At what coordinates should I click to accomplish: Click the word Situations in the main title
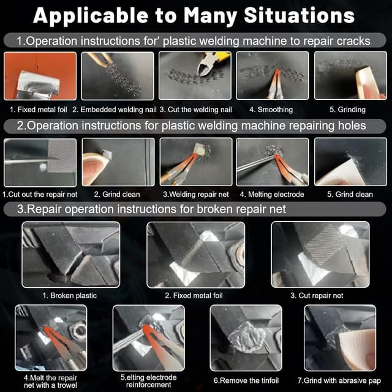(x=300, y=16)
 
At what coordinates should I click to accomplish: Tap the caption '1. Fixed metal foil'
(x=38, y=110)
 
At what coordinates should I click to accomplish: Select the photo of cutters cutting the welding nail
(x=195, y=75)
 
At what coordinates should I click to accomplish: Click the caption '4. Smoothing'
(x=271, y=110)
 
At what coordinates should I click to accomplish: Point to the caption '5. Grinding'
(x=347, y=110)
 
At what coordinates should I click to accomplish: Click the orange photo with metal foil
(x=40, y=76)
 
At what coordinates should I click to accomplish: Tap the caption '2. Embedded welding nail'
(x=115, y=110)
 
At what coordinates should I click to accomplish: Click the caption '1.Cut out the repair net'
(x=40, y=194)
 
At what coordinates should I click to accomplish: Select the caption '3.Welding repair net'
(x=196, y=194)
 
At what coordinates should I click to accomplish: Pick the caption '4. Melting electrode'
(x=272, y=194)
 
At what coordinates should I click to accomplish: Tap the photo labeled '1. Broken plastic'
(x=71, y=255)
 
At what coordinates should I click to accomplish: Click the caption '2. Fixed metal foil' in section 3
(x=194, y=295)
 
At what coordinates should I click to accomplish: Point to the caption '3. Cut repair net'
(x=317, y=295)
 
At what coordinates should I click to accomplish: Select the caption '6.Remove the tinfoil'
(x=246, y=380)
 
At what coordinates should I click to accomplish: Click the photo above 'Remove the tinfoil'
(x=246, y=338)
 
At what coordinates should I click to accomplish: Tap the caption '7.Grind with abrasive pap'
(x=339, y=380)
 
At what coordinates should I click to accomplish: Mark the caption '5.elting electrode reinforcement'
(x=148, y=381)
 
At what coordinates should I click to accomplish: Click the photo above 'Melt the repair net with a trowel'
(x=51, y=337)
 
